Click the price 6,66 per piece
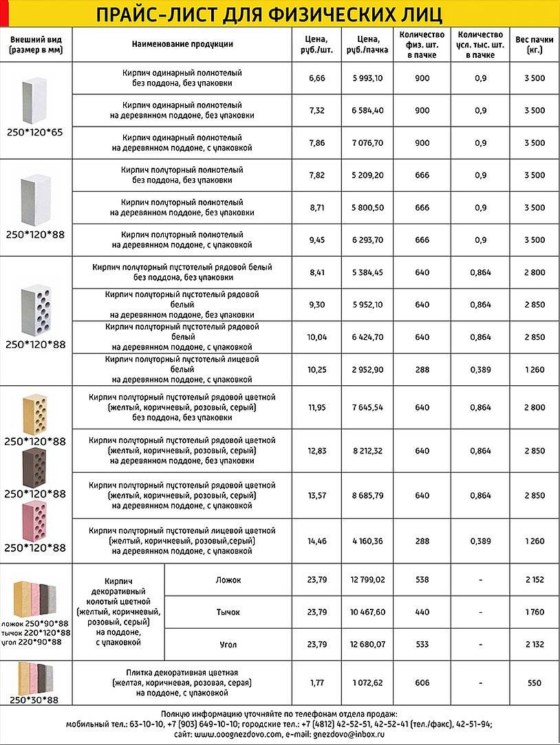tap(317, 78)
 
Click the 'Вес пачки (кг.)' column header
tap(534, 45)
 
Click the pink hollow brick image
tap(34, 521)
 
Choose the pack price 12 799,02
tap(367, 580)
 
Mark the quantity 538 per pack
tap(422, 580)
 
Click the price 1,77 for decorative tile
tap(317, 683)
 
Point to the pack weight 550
tap(534, 683)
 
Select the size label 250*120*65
tap(34, 132)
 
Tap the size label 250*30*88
tap(34, 700)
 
